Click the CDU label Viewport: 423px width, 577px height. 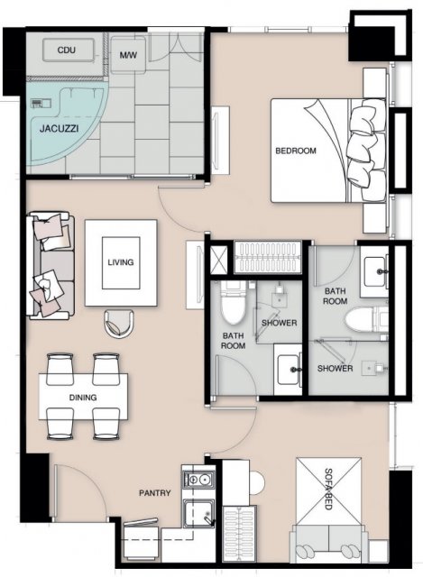pos(67,50)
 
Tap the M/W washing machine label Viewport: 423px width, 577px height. pos(128,55)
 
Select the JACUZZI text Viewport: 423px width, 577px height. pos(59,128)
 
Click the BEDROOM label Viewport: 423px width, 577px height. pos(296,151)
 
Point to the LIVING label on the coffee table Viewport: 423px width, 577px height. pos(121,262)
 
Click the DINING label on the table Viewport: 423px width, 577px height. pos(83,398)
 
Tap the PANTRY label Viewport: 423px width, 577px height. pos(155,493)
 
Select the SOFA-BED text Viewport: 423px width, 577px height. pos(328,489)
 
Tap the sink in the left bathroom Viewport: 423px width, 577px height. pos(288,370)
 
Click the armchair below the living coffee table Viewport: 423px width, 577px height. pos(119,323)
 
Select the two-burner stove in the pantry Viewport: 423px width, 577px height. pos(198,480)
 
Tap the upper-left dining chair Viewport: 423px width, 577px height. pos(60,369)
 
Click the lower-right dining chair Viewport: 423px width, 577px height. pos(106,423)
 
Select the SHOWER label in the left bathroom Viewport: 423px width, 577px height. pos(279,323)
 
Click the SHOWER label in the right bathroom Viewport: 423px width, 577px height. pos(335,369)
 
